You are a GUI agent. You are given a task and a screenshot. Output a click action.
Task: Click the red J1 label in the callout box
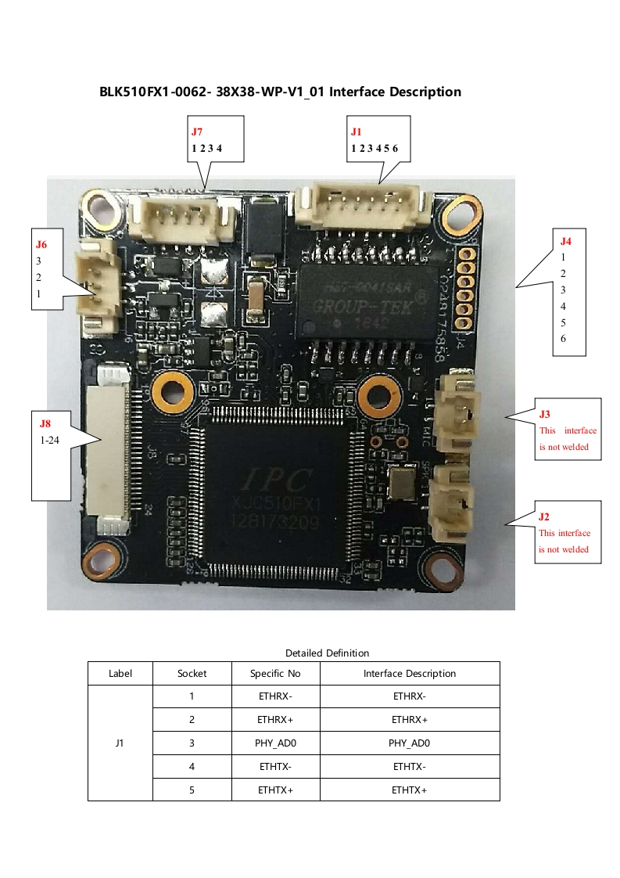pyautogui.click(x=357, y=132)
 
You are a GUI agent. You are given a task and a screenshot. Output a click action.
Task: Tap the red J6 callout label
pyautogui.click(x=41, y=244)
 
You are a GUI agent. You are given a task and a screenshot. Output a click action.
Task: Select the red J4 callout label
pyautogui.click(x=566, y=241)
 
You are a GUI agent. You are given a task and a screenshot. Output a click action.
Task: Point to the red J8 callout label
pyautogui.click(x=45, y=423)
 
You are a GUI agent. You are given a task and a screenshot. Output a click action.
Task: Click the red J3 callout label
pyautogui.click(x=545, y=413)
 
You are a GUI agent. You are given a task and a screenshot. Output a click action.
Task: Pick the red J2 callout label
pyautogui.click(x=544, y=516)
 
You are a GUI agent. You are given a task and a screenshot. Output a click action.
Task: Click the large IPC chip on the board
pyautogui.click(x=273, y=489)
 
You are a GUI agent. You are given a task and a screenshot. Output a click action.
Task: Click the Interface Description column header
pyautogui.click(x=409, y=673)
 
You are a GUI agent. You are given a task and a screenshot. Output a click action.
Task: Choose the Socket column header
pyautogui.click(x=192, y=673)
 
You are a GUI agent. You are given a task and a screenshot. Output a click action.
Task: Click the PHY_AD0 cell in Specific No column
pyautogui.click(x=275, y=743)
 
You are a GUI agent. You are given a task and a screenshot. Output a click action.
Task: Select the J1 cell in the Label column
pyautogui.click(x=120, y=743)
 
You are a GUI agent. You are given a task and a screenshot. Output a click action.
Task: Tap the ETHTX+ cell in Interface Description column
pyautogui.click(x=409, y=790)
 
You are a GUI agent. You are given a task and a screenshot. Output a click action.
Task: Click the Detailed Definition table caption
pyautogui.click(x=327, y=653)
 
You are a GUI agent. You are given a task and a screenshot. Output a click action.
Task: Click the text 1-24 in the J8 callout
pyautogui.click(x=50, y=441)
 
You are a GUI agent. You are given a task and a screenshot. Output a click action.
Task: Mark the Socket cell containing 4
pyautogui.click(x=192, y=767)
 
